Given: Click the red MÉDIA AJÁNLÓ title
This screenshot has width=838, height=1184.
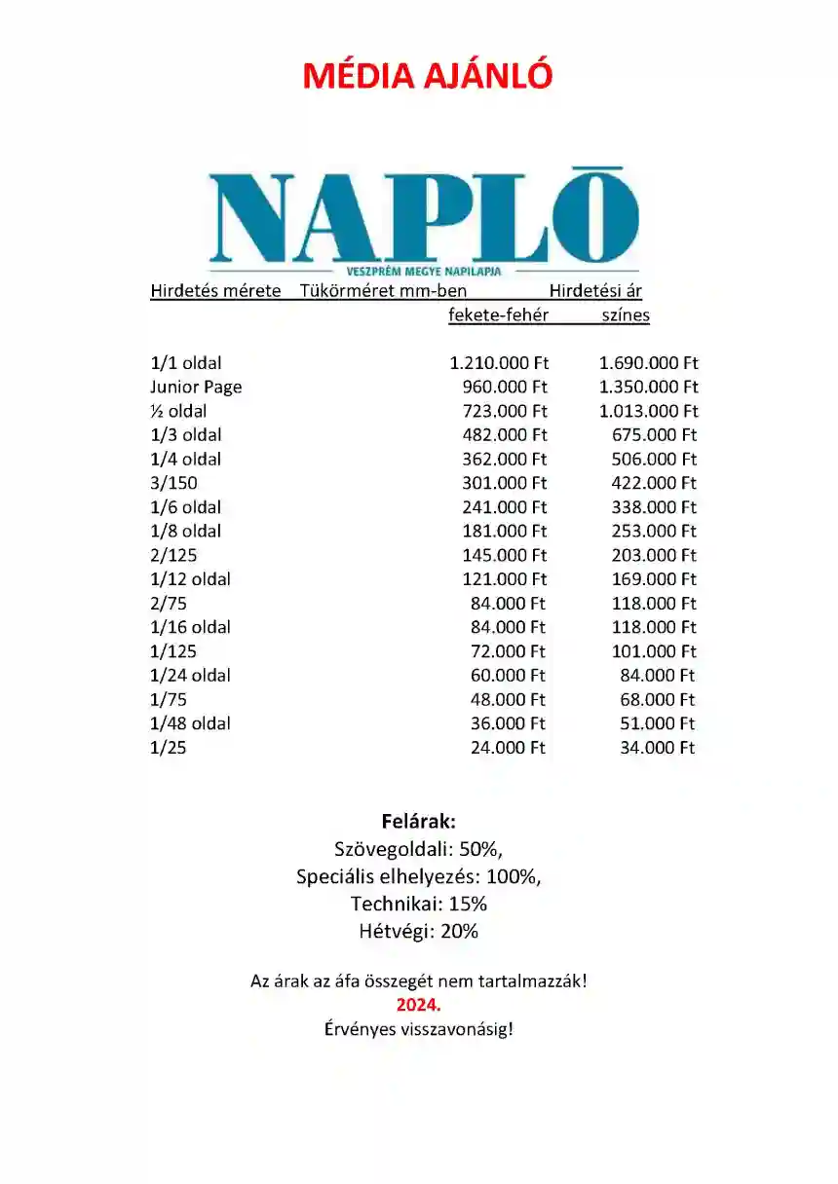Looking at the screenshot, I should (428, 75).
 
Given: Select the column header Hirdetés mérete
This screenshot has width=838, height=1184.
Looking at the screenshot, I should (215, 290).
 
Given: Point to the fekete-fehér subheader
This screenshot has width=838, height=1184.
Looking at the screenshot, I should (498, 314).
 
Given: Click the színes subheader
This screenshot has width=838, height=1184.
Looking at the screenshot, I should (626, 314).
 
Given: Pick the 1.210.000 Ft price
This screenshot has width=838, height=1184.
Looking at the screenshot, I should (499, 363).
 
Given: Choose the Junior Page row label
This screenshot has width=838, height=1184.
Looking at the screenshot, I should (196, 387).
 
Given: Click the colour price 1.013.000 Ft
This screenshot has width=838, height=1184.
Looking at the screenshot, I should (648, 411).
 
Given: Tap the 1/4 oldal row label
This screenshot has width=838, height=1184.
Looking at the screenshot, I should (185, 459).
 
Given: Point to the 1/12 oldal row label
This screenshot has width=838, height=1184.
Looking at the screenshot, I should (190, 579).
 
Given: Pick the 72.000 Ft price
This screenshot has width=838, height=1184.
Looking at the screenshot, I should (509, 651).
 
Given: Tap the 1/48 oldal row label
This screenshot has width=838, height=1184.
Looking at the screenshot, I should (190, 723).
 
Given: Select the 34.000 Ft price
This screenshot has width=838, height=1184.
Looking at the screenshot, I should (658, 748).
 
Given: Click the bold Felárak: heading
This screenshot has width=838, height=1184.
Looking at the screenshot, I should (419, 820).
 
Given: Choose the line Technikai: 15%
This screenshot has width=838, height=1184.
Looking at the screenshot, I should (419, 904).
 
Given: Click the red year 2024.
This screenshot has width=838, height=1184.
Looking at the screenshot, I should (419, 1004).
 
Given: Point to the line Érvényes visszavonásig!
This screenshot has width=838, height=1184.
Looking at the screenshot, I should (419, 1029).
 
